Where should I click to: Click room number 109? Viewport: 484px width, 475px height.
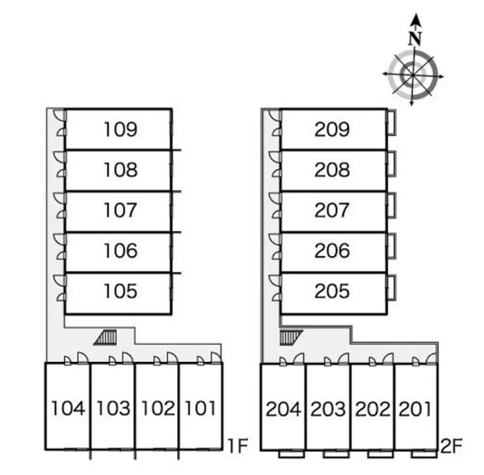point(121,129)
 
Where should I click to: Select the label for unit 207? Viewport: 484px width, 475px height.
point(332,210)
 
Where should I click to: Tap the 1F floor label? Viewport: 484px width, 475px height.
point(238,445)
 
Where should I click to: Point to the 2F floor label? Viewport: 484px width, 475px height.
point(451,446)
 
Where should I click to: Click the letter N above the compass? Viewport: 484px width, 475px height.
point(415,39)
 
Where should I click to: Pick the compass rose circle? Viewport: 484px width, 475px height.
point(413,75)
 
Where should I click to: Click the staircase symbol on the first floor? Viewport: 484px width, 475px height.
point(105,337)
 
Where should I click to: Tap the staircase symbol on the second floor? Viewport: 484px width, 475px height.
point(291,337)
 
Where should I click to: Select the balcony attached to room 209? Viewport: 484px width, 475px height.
point(391,122)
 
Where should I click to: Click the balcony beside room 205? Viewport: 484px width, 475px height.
point(391,288)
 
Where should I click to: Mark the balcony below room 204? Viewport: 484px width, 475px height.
point(291,454)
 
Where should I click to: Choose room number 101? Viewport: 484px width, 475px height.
point(200,408)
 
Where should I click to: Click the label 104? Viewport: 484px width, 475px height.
point(68,408)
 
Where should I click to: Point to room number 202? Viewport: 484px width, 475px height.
point(373,409)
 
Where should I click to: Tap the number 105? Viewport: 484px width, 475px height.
point(121,291)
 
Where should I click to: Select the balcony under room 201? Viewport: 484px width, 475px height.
point(424,454)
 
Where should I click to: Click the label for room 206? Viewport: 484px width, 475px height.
point(332,251)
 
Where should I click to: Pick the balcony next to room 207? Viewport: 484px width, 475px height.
point(391,205)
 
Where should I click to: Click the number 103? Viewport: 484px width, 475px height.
point(113,408)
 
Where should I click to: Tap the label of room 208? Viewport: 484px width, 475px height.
point(332,169)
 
